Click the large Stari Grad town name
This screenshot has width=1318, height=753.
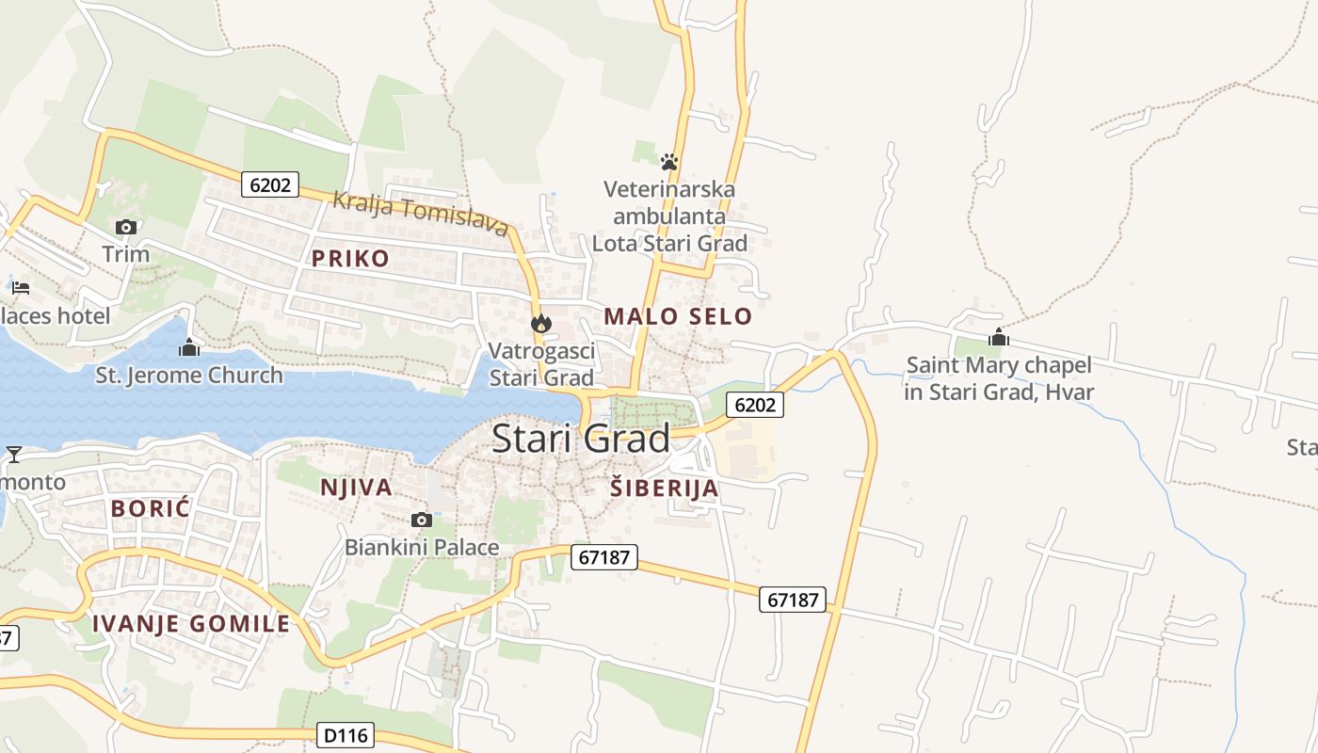click(x=581, y=439)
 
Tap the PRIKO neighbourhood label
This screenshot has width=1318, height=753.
click(x=350, y=259)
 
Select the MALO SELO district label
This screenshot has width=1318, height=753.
click(x=678, y=316)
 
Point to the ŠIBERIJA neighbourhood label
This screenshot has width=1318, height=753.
click(x=664, y=488)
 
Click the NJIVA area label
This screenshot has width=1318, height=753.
click(x=356, y=487)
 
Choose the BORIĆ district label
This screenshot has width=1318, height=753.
click(x=151, y=508)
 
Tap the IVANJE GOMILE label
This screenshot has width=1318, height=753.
click(x=191, y=623)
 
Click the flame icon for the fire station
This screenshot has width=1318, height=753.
click(x=540, y=323)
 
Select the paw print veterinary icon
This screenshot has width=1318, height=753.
click(x=669, y=161)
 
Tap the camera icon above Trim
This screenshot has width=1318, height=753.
click(x=126, y=227)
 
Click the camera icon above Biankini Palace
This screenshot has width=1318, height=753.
click(x=422, y=520)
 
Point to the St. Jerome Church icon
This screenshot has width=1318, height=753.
click(x=189, y=347)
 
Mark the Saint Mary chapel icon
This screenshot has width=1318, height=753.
click(x=999, y=337)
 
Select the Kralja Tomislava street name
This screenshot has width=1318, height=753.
click(x=421, y=214)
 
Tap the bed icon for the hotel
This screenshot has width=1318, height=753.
click(x=21, y=287)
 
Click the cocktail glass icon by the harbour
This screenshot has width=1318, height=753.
click(x=14, y=455)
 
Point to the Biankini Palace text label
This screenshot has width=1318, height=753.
click(x=422, y=547)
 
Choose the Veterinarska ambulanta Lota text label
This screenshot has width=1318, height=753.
click(x=669, y=216)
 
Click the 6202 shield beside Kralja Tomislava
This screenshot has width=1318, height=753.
click(x=270, y=184)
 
